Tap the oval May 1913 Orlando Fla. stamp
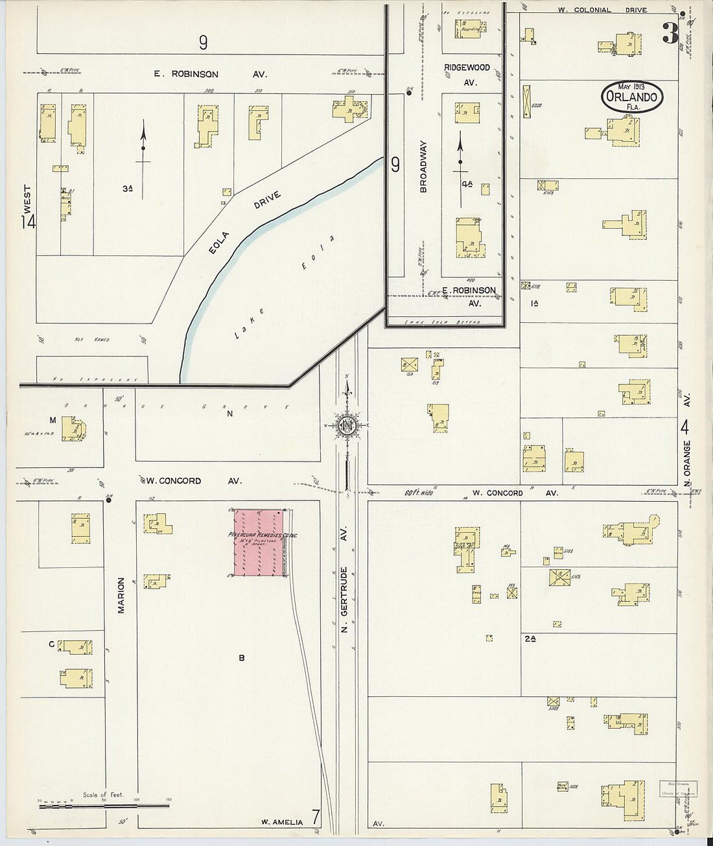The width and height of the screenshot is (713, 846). click(631, 97)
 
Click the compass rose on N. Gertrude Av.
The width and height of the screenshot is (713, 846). click(347, 425)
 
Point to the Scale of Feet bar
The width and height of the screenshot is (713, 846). click(104, 806)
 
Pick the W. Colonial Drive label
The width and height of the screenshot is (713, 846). click(603, 10)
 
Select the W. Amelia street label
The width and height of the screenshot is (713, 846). click(282, 822)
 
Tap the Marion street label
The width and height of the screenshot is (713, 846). click(121, 595)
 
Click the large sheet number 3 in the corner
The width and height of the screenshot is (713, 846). click(670, 33)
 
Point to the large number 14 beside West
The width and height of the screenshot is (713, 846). click(28, 222)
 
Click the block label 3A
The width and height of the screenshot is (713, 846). click(127, 189)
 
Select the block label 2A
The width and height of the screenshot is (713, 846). click(530, 639)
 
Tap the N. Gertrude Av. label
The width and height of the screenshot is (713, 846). click(345, 599)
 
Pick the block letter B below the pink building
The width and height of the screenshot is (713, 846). click(241, 658)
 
